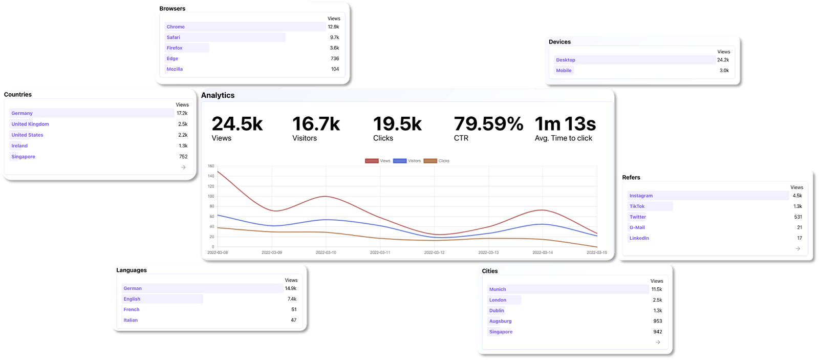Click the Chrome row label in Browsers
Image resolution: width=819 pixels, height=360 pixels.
176,27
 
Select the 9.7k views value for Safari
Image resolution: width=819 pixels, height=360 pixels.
334,37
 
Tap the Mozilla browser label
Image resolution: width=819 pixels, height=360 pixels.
175,69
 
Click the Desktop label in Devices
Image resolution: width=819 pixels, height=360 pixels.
566,60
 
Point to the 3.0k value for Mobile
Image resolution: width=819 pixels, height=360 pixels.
724,71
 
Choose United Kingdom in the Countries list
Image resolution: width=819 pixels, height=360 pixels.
30,124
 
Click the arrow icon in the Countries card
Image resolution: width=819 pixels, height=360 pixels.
183,167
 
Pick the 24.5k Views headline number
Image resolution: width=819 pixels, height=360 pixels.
237,124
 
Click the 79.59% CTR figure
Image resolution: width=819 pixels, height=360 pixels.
488,124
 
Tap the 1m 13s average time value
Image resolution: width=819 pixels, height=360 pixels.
565,124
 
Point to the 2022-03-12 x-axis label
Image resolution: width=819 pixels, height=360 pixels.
434,252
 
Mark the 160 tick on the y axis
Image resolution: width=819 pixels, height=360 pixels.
211,166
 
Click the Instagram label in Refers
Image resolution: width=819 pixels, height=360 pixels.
641,196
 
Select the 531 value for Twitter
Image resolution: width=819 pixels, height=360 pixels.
798,217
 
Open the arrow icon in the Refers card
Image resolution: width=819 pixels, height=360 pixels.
798,249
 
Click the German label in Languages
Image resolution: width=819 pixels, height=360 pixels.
133,288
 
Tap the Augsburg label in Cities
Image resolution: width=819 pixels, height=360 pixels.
500,321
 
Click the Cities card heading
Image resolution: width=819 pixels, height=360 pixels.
490,271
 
